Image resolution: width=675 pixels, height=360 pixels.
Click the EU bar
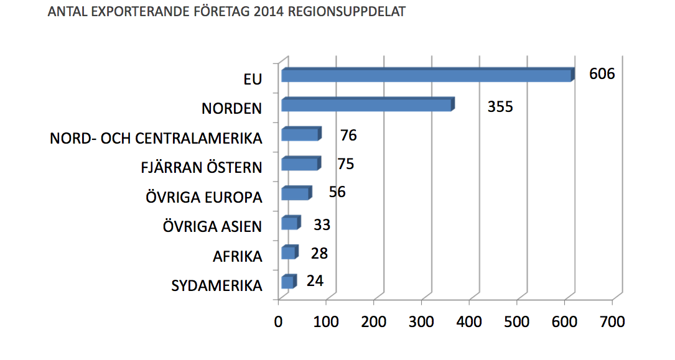click(x=426, y=75)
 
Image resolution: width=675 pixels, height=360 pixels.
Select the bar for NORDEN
click(x=367, y=104)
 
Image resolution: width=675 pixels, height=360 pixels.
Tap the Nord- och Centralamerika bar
click(x=300, y=134)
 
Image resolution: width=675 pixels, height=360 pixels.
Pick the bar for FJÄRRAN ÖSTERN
click(x=300, y=164)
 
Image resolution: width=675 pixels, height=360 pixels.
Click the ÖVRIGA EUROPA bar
click(x=296, y=193)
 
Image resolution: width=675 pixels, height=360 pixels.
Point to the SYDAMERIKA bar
click(x=287, y=282)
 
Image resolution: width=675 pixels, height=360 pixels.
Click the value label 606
click(x=602, y=74)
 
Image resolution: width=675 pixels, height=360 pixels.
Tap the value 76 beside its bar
click(x=348, y=135)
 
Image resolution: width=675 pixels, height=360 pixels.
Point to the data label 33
click(x=322, y=224)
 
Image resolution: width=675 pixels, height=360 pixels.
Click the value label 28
click(x=319, y=253)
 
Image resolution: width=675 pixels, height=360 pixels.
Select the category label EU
click(x=253, y=79)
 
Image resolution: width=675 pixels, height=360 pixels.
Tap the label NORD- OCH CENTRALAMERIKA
click(x=156, y=138)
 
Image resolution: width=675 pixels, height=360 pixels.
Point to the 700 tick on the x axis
click(x=613, y=322)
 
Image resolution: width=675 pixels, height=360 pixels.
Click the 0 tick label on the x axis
click(x=279, y=322)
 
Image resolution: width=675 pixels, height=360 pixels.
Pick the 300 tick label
click(x=422, y=322)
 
